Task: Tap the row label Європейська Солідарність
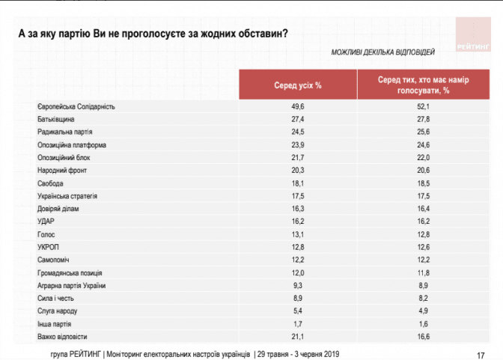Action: [x=76, y=107]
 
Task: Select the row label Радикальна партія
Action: [x=64, y=132]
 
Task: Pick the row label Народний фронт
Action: [x=62, y=171]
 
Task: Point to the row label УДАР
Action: [x=46, y=222]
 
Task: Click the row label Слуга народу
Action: [x=58, y=311]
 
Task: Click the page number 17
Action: [x=481, y=354]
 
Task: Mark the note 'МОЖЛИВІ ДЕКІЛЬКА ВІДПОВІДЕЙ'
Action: [x=382, y=52]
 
